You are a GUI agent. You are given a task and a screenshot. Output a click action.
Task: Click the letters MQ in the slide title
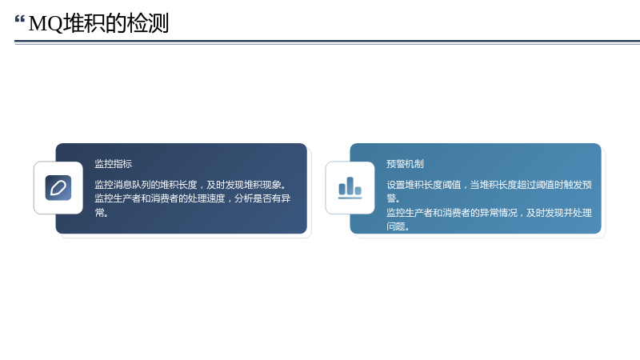46,23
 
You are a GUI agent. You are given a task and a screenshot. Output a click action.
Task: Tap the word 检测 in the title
148,23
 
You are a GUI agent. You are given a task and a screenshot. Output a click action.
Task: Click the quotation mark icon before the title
19,19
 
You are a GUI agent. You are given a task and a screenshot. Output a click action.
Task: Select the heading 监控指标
114,164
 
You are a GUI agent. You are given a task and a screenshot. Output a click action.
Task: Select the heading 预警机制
406,164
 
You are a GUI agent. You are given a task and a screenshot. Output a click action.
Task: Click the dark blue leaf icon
58,188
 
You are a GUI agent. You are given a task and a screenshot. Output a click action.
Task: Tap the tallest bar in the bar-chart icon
350,186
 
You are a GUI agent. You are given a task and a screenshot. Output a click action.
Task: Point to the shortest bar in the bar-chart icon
358,190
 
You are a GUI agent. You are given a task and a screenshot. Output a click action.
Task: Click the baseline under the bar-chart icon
350,198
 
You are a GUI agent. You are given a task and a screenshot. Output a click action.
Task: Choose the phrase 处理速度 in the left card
206,198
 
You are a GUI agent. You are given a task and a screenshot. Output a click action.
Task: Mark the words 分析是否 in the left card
253,198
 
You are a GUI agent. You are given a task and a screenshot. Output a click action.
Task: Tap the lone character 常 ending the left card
99,212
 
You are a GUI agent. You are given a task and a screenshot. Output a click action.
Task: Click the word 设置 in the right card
396,185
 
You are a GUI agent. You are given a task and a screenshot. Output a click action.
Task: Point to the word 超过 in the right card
526,185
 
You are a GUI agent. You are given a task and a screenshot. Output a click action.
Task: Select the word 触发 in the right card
573,185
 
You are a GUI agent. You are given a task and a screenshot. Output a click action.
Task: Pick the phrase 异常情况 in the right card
498,213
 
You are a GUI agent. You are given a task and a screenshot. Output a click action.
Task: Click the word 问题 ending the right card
396,226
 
